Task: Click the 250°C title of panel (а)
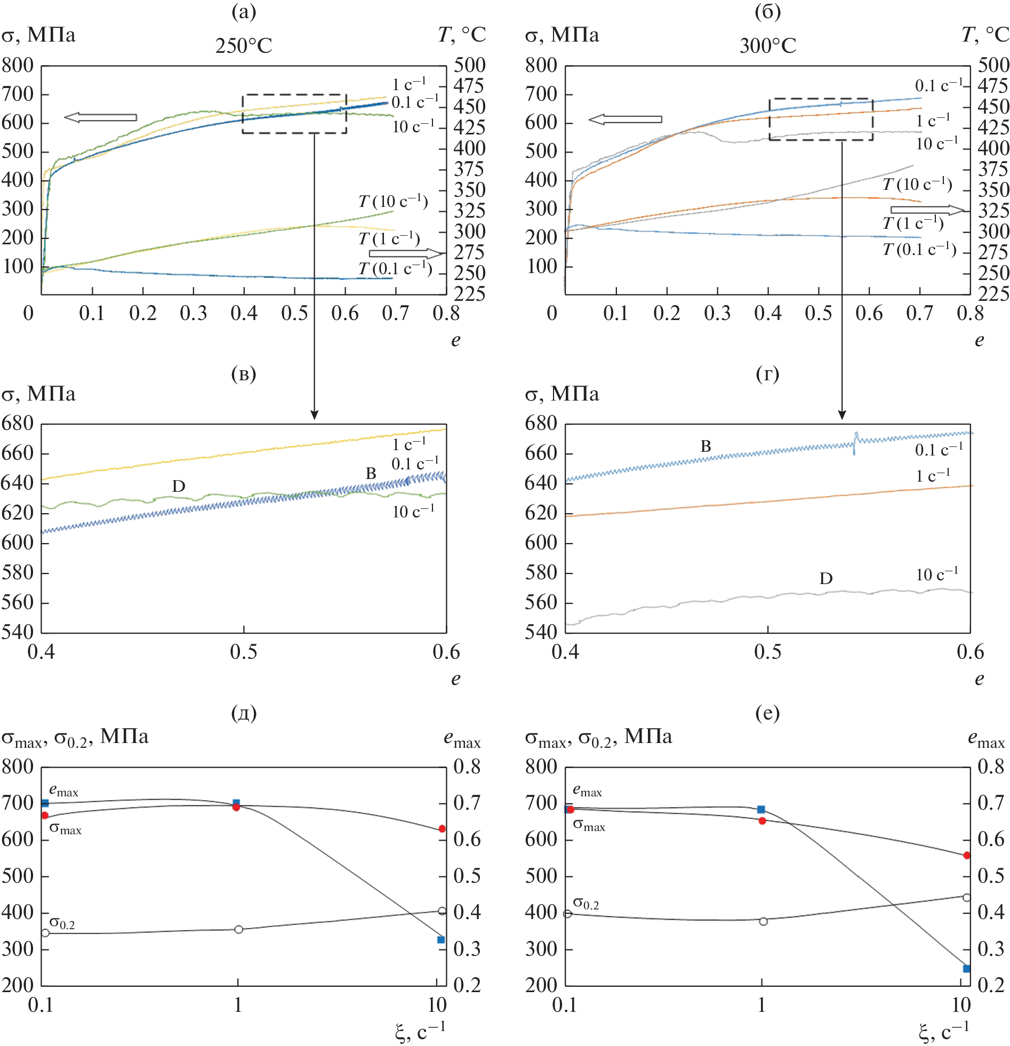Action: coord(243,46)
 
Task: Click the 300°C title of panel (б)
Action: coord(767,46)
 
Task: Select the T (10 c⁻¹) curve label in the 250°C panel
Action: coord(392,201)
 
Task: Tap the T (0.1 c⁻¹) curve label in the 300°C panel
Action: coord(919,249)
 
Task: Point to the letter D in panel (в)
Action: coord(179,486)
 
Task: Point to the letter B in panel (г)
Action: coord(706,446)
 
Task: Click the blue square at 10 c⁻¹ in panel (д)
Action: coord(440,939)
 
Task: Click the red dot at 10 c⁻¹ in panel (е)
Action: coord(966,855)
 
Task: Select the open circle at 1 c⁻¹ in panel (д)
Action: coord(238,929)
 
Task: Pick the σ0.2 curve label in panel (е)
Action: coord(586,903)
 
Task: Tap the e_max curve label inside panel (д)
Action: coord(63,791)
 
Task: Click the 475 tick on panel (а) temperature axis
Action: coord(468,86)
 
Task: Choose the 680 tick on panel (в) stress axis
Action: coord(18,424)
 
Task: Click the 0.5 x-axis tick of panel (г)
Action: coord(767,652)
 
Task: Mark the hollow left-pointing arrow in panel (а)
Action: coord(100,117)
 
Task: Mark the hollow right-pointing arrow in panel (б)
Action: coord(927,210)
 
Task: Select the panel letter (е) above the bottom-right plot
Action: coord(767,713)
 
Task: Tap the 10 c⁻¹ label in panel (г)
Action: coord(937,574)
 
